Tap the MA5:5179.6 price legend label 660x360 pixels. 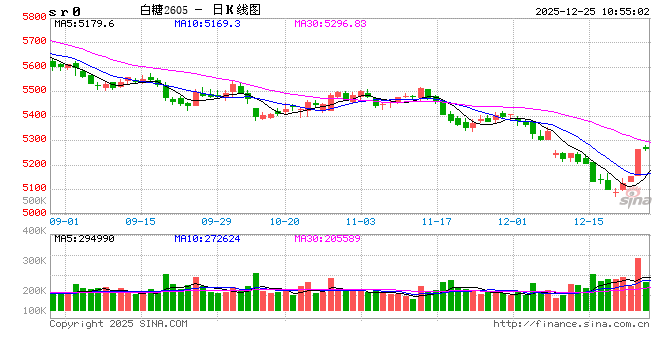pyautogui.click(x=85, y=22)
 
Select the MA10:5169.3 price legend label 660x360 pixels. pyautogui.click(x=206, y=22)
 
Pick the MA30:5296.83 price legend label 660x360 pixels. pyautogui.click(x=332, y=22)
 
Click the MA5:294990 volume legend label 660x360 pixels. pyautogui.click(x=85, y=237)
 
